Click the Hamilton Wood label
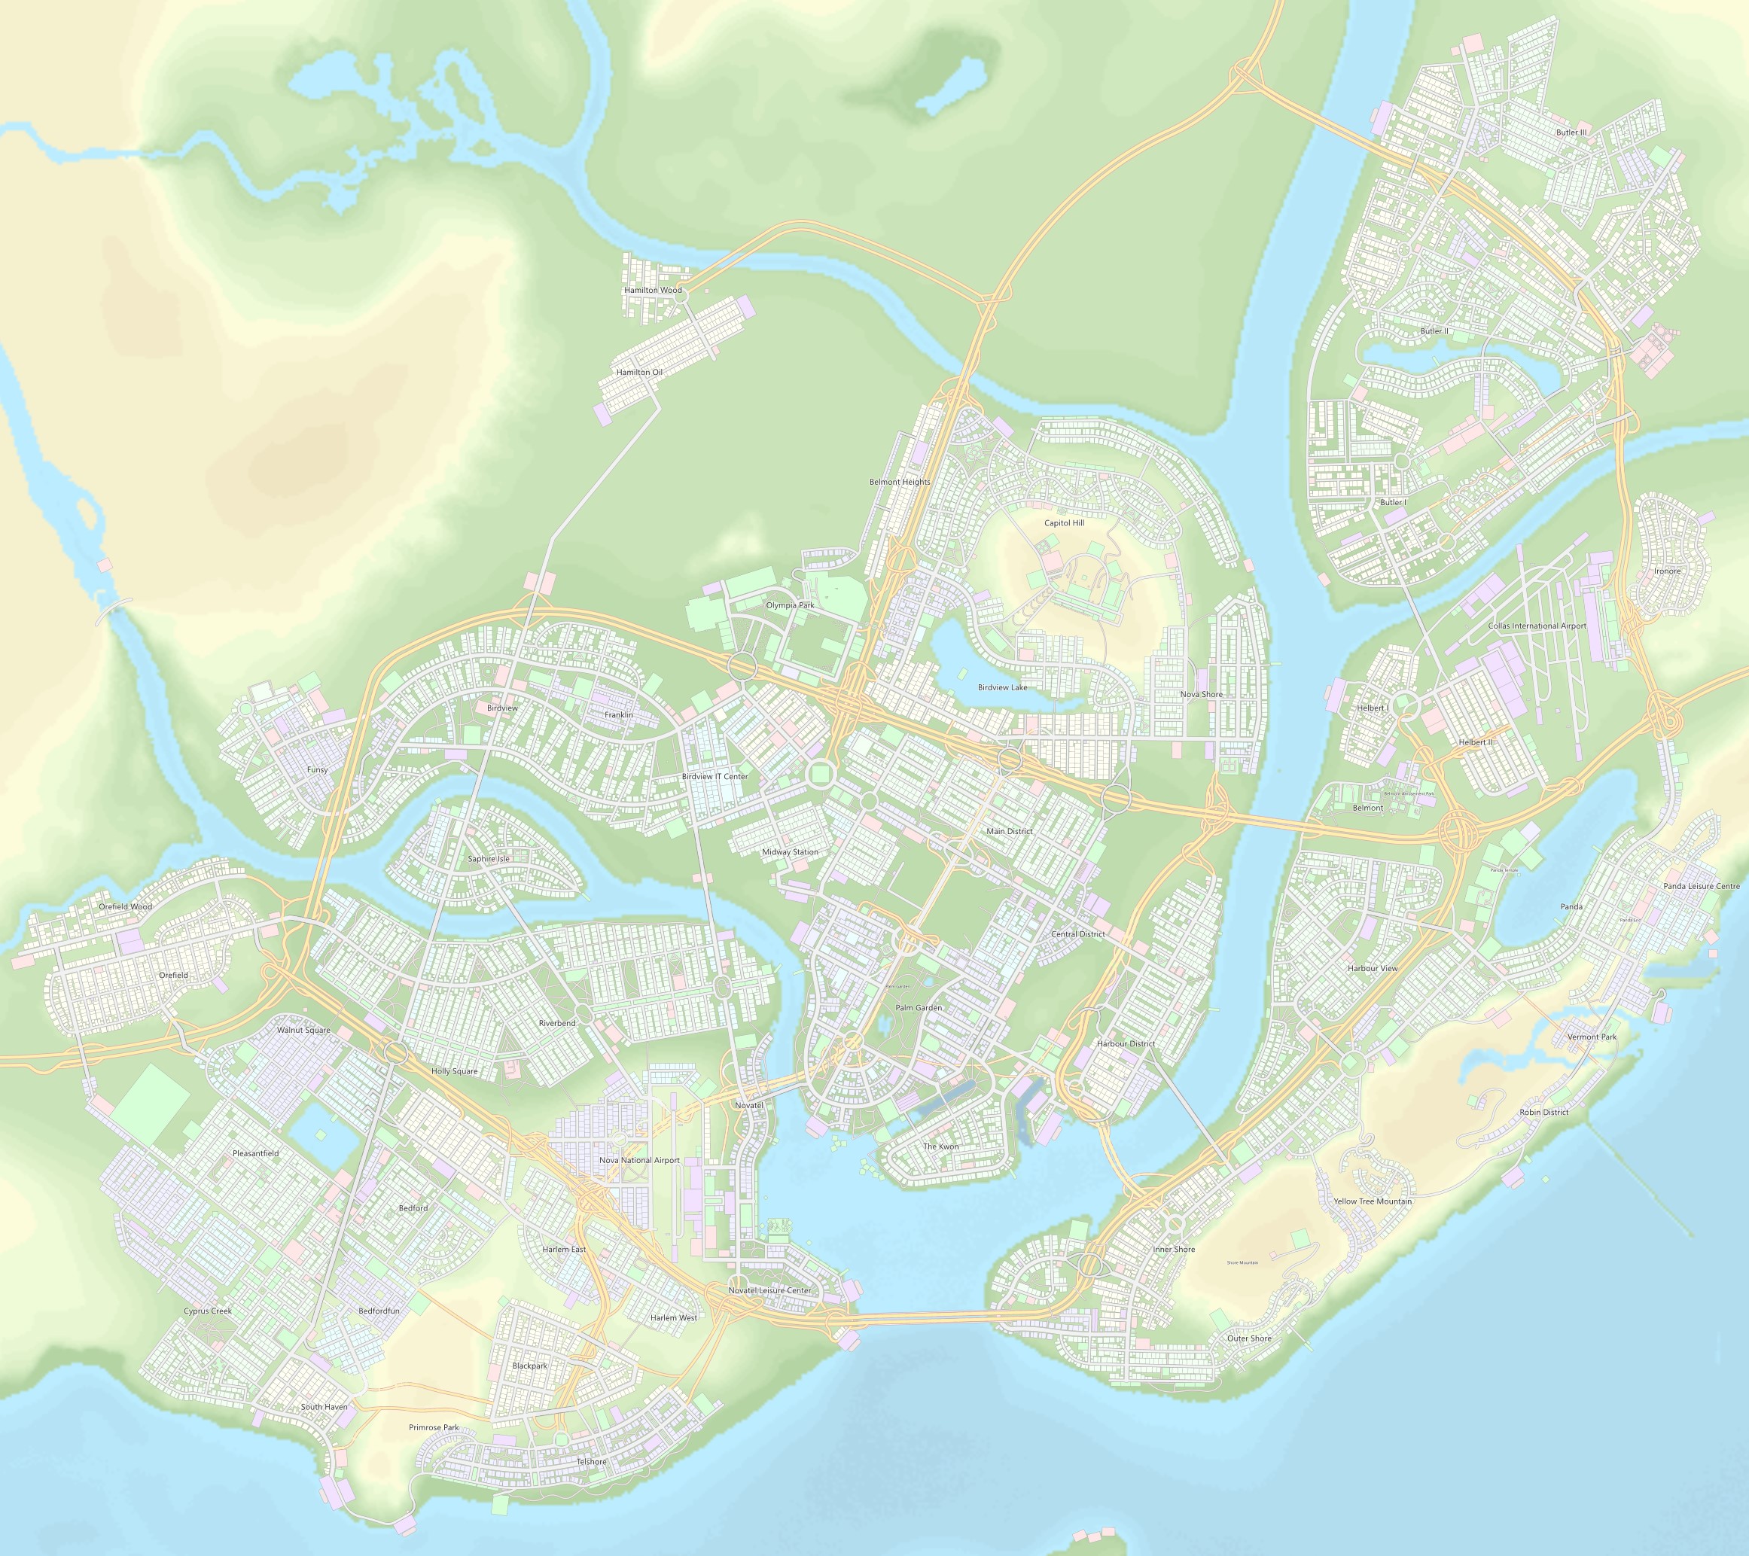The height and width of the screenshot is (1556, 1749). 653,290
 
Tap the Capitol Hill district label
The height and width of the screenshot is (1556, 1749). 1064,522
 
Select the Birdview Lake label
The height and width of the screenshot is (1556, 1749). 1002,687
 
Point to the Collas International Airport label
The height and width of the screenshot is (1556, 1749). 1537,626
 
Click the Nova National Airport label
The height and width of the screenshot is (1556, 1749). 639,1160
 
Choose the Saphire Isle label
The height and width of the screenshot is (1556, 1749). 489,858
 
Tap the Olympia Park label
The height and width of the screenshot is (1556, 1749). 790,604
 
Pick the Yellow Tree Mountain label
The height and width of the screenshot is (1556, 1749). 1373,1201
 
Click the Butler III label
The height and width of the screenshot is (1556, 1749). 1571,132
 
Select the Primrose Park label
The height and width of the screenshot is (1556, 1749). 434,1427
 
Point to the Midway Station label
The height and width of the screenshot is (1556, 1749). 790,851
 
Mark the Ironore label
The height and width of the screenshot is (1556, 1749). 1667,571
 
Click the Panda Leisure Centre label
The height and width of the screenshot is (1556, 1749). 1701,885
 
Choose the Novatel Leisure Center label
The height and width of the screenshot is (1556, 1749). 769,1290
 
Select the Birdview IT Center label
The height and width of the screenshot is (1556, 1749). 715,776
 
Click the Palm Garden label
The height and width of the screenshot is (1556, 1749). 918,1008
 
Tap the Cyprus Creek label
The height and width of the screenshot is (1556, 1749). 208,1311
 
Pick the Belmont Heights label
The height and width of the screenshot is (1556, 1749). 899,482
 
